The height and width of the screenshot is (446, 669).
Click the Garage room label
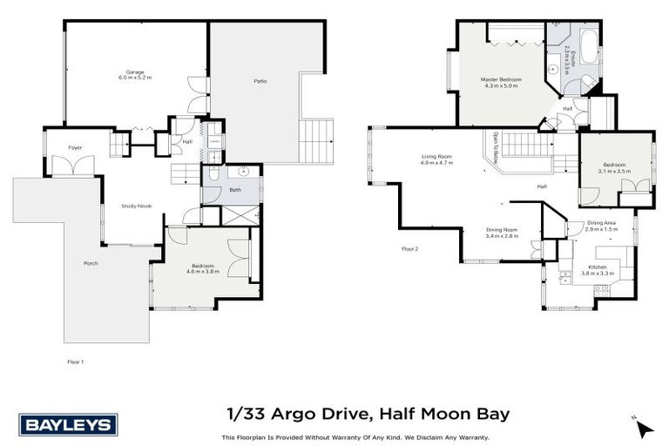click(x=134, y=74)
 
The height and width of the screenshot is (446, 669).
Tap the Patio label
click(x=260, y=82)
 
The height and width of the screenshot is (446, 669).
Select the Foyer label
click(x=76, y=148)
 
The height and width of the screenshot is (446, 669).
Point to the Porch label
click(x=91, y=263)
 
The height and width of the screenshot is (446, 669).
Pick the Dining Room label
click(x=502, y=233)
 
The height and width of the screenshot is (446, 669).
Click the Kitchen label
click(x=598, y=270)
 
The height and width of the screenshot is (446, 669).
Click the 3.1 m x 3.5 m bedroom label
click(x=614, y=168)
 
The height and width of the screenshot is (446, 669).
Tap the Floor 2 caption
click(x=410, y=249)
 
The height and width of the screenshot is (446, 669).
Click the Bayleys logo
click(x=67, y=424)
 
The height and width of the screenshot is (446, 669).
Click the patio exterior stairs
click(x=317, y=141)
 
